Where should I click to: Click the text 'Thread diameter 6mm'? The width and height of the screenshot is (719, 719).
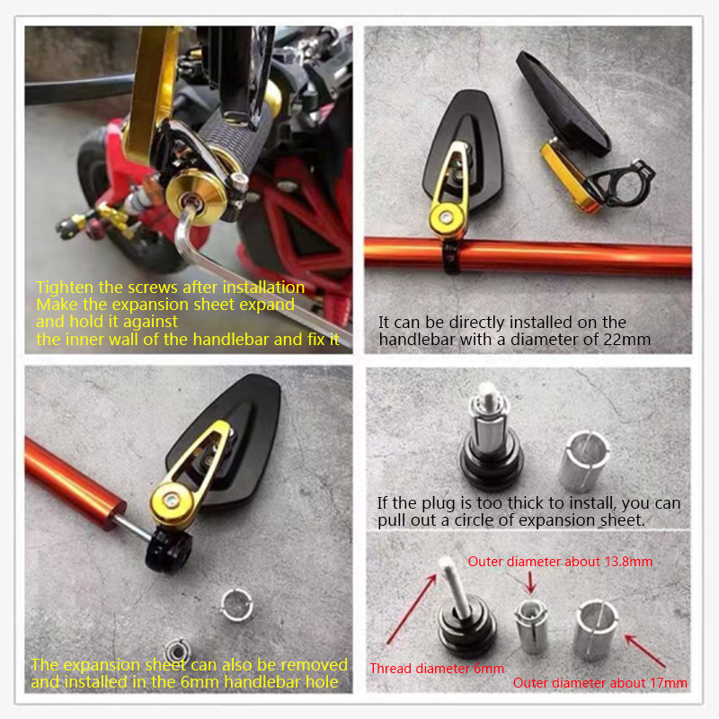coord(437,669)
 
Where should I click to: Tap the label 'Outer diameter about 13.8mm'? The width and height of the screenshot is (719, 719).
coord(560,562)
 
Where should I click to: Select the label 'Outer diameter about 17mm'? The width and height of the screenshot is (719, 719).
coord(599,683)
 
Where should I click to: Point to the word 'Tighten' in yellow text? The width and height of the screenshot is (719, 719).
coord(63,288)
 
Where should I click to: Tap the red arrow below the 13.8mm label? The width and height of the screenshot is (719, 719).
coord(529,582)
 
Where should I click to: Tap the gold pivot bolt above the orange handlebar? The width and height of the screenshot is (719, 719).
coord(441,216)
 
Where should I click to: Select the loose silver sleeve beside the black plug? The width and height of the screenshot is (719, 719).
coord(236,606)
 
